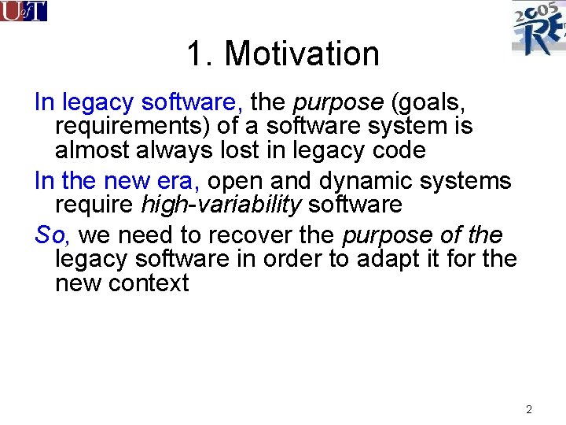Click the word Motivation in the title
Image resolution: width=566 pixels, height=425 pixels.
click(302, 54)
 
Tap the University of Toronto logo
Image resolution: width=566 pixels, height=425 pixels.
click(24, 11)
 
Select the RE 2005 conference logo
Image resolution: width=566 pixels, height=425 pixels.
click(538, 28)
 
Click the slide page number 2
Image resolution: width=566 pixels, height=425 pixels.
click(529, 409)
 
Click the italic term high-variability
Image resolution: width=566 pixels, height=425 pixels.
click(221, 205)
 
